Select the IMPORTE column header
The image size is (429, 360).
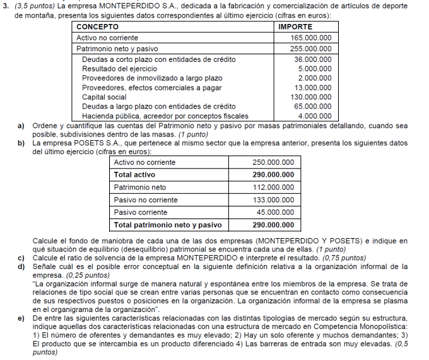pos(295,27)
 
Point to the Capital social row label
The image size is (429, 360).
pos(104,97)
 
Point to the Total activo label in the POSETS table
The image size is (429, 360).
pos(134,174)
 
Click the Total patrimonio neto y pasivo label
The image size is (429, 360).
pos(168,225)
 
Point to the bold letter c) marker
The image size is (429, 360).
pos(21,258)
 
